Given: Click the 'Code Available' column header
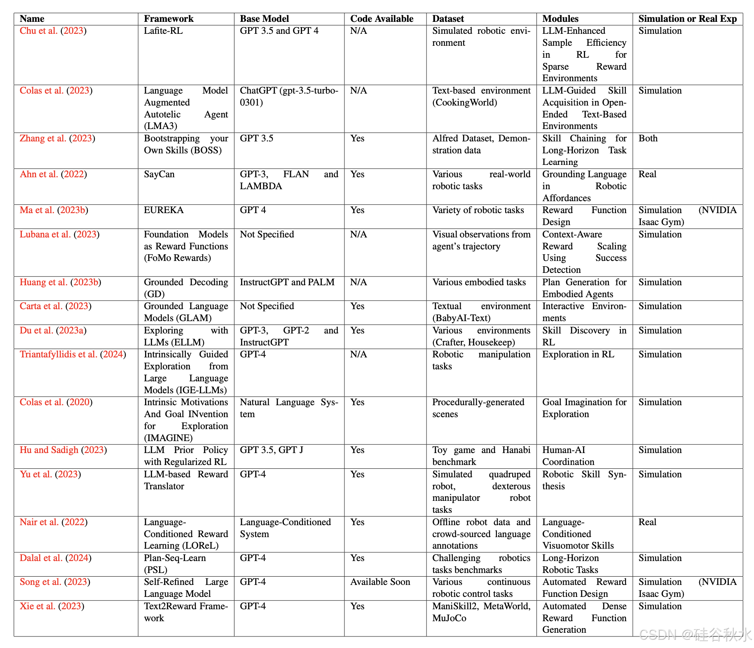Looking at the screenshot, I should point(382,19).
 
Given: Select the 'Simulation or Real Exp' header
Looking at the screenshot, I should point(687,19).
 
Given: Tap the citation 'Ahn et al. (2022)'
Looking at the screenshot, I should point(53,174).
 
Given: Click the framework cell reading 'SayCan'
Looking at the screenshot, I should point(159,174).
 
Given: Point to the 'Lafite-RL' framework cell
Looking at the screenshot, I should point(163,31).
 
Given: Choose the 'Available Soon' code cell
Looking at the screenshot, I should point(380,582).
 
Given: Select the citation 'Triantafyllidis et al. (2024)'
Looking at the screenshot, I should point(73,355).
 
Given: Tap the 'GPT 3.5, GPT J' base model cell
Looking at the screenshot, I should point(271,450).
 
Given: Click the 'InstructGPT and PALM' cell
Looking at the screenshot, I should point(287,282).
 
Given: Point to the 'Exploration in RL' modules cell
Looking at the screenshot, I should point(578,355).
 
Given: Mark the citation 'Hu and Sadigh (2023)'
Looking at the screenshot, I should point(63,450).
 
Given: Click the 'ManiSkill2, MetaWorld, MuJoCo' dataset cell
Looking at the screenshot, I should point(481,612).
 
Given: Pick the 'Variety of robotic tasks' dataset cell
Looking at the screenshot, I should point(478,210).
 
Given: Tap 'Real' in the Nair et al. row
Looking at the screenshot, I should point(647,522).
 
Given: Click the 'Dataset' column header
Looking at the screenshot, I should point(448,19).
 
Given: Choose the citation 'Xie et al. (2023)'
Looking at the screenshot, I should point(52,606).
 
